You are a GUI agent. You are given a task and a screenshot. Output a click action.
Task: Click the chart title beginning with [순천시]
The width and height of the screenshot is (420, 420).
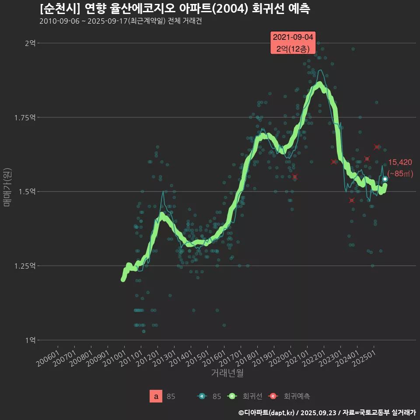[175, 9]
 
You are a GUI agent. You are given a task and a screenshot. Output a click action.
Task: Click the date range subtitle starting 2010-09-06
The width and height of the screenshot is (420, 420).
[120, 21]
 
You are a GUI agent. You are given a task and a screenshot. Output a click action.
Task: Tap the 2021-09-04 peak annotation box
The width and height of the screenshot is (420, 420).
[293, 43]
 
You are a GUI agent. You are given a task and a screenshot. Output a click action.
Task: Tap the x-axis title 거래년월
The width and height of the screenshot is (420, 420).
[227, 373]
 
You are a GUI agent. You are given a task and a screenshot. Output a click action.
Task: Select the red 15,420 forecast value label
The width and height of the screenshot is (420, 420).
[400, 163]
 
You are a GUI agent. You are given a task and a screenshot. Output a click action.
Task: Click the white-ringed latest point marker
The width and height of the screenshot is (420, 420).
[385, 179]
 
